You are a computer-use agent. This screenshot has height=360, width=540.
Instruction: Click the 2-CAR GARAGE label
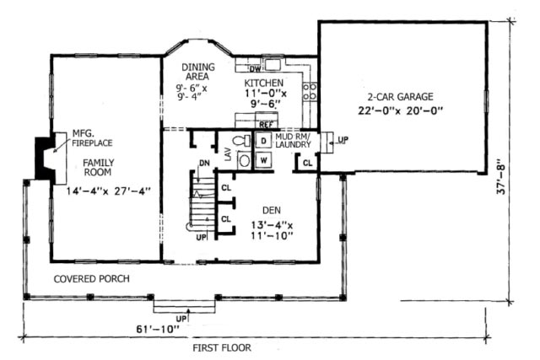401,97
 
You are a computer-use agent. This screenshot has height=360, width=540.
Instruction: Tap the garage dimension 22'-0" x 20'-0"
401,110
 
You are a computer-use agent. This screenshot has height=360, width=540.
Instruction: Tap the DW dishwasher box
256,67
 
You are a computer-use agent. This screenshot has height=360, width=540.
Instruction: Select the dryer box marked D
263,140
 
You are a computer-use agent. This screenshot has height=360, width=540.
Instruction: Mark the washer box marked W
263,159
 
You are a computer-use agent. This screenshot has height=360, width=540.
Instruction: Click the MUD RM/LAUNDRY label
294,140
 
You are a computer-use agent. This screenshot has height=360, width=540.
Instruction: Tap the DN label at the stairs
203,162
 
